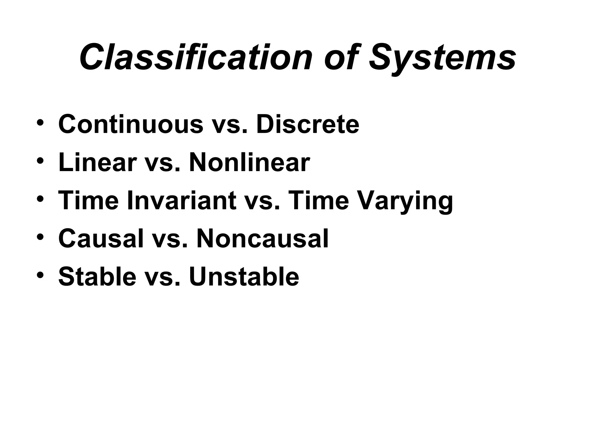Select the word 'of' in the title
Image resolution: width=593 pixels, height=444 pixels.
tap(341, 57)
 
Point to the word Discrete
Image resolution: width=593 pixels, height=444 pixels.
tap(308, 124)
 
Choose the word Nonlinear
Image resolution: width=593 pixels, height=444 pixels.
tap(249, 162)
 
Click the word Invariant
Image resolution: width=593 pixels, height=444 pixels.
tap(181, 201)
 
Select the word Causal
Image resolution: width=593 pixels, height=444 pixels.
tap(101, 239)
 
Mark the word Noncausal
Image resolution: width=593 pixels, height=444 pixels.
tap(262, 239)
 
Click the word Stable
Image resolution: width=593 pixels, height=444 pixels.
tap(97, 277)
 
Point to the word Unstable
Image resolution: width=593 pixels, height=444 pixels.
tap(244, 277)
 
